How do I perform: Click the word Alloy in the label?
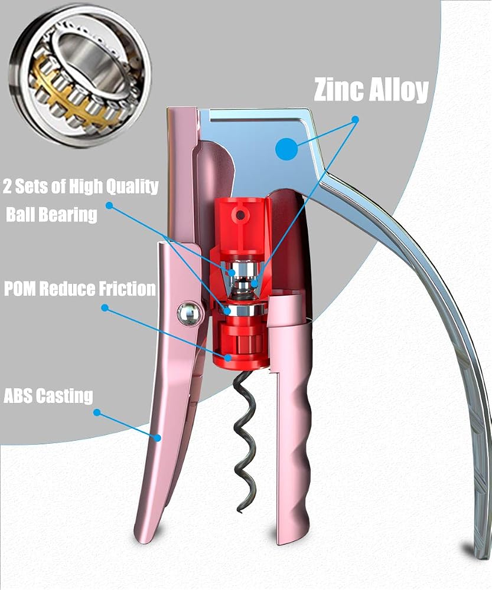coord(399,90)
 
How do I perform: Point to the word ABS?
coord(18,396)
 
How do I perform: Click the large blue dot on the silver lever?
coord(286,149)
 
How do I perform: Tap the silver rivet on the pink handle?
coord(191,313)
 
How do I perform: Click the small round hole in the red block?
coord(239,215)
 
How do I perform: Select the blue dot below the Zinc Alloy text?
coord(355,120)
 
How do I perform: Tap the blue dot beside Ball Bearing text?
coord(109,205)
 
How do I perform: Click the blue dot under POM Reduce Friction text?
coord(105,308)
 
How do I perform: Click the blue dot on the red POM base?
coord(228,358)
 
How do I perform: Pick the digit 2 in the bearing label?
coord(7,187)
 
